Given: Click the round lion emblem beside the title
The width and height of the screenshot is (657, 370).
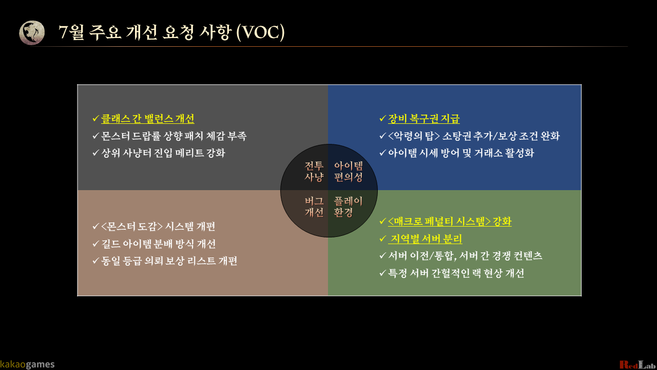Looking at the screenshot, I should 32,33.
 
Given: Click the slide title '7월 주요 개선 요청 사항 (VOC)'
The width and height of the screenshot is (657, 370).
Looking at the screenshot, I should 171,32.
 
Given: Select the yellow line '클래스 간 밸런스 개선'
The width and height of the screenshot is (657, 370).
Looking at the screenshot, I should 147,119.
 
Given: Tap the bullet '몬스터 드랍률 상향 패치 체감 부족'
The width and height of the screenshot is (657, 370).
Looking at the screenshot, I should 173,136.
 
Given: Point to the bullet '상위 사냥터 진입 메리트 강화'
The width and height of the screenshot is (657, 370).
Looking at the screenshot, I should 163,153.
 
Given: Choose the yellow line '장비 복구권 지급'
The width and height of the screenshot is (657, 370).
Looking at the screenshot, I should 423,119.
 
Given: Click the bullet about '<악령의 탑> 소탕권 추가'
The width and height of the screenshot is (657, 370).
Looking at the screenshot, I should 473,136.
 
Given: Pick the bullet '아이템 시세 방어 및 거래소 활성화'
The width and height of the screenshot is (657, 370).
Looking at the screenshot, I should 460,153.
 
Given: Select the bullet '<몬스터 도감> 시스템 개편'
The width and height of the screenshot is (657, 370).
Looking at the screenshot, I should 158,227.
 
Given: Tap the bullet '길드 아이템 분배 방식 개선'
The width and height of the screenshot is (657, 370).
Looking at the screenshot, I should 158,244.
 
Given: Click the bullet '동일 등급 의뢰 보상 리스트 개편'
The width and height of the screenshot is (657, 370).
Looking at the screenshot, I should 169,261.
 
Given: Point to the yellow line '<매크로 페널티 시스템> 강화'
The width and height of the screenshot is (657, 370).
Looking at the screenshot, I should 449,221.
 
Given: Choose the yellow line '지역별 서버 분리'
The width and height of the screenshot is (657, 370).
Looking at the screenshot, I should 426,239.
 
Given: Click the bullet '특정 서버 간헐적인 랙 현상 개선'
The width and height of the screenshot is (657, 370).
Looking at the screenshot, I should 456,273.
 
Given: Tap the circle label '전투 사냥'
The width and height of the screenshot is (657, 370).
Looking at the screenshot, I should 314,172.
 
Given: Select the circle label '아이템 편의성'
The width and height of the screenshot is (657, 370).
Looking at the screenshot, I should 349,172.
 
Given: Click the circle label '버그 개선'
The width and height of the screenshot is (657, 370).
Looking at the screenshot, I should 314,207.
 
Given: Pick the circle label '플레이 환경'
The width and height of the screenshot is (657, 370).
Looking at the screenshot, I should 349,207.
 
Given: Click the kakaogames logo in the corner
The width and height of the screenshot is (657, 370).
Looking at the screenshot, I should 27,364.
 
